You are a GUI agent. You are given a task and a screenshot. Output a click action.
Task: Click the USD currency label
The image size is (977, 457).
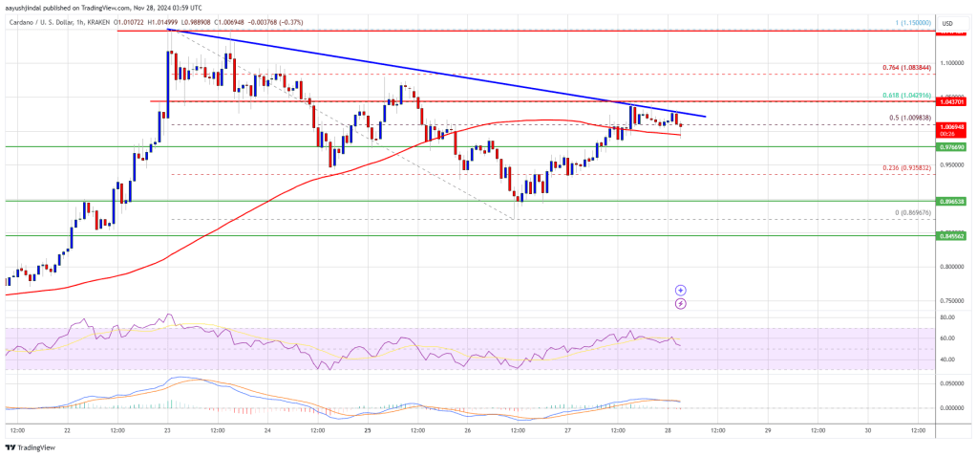tap(949, 23)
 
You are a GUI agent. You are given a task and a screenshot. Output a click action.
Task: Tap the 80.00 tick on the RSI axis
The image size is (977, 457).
tap(948, 316)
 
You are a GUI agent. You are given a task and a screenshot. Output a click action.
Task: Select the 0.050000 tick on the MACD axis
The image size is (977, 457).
tap(951, 382)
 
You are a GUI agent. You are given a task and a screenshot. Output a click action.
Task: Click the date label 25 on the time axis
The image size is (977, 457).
tap(367, 430)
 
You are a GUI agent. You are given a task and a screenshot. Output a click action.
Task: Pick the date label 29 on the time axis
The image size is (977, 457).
tap(767, 430)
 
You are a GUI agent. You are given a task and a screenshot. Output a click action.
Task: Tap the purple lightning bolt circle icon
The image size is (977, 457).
tap(680, 303)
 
